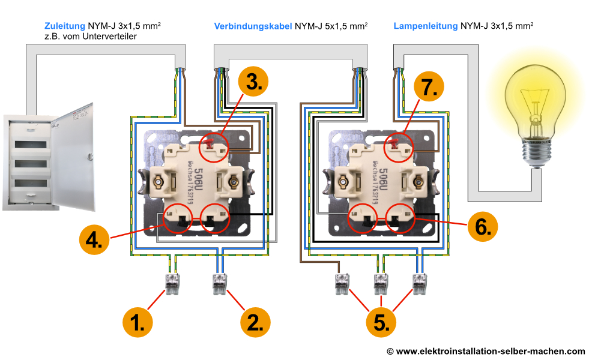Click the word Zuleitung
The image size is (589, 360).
click(65, 26)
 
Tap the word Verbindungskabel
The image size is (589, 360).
click(253, 26)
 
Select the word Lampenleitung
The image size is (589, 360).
click(425, 26)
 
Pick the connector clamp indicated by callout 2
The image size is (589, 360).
click(220, 283)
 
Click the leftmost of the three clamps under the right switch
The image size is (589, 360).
click(341, 283)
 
